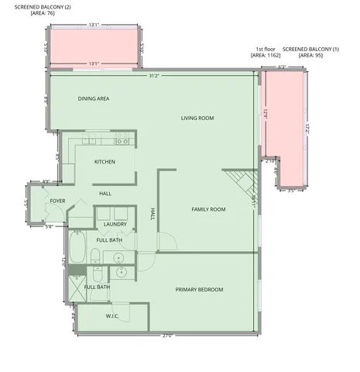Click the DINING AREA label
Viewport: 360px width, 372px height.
[94, 99]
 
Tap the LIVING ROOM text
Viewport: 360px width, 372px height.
[197, 119]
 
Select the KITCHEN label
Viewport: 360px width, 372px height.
[105, 162]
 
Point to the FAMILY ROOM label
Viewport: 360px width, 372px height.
[208, 209]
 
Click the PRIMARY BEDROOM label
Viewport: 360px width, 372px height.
[199, 290]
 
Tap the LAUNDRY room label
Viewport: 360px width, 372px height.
[115, 225]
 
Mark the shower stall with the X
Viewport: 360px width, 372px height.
[77, 292]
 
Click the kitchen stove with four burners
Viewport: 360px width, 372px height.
[122, 140]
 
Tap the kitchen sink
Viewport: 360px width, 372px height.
[91, 141]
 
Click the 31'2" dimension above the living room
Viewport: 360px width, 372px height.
[155, 76]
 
